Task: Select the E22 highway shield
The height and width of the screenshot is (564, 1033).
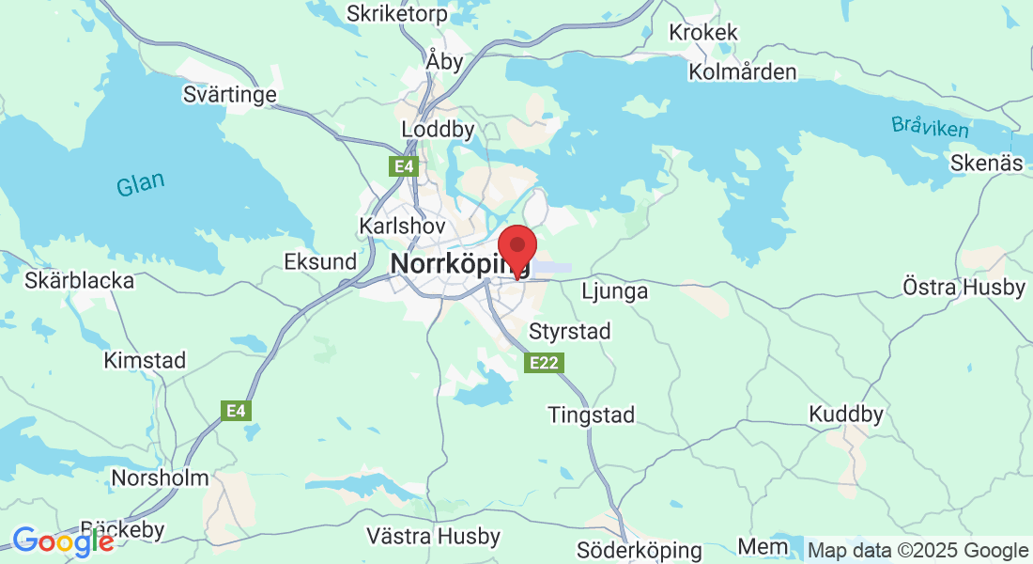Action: (545, 362)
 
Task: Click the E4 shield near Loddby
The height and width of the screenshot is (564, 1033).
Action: (404, 166)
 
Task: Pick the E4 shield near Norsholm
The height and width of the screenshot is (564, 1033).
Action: (236, 410)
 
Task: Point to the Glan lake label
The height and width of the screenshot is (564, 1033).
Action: (140, 184)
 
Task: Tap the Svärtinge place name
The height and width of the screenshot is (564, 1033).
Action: (230, 95)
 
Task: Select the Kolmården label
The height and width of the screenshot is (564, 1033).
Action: (742, 72)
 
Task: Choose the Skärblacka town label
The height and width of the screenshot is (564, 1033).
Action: (80, 280)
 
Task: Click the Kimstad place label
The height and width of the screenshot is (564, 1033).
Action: (145, 360)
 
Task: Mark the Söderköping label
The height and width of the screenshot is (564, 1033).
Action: (639, 550)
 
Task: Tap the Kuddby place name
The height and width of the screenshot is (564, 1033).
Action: (846, 414)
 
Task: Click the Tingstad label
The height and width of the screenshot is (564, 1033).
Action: (592, 415)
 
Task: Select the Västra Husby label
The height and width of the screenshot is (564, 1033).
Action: (433, 537)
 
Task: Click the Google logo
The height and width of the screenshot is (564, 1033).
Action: (62, 541)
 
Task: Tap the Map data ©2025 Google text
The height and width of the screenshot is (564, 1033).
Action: (917, 551)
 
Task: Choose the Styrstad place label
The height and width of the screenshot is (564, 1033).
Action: (570, 331)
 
